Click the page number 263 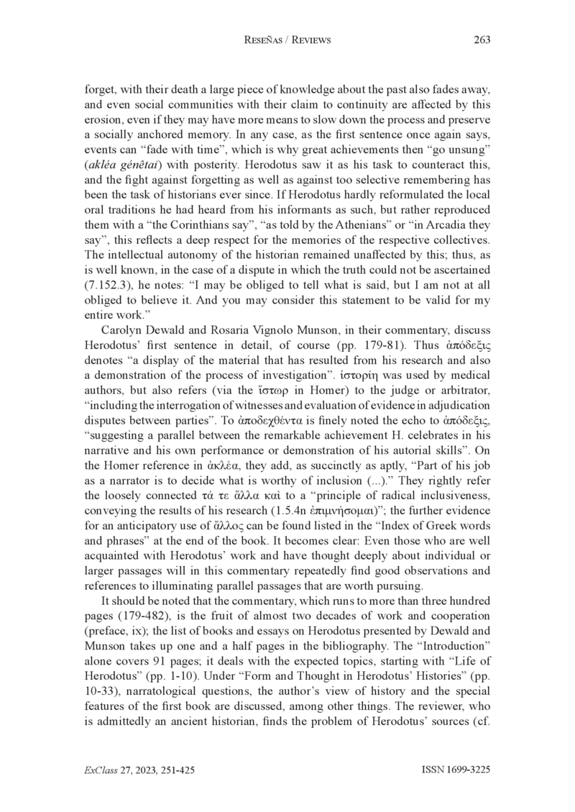coord(482,40)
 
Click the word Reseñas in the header coord(267,40)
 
